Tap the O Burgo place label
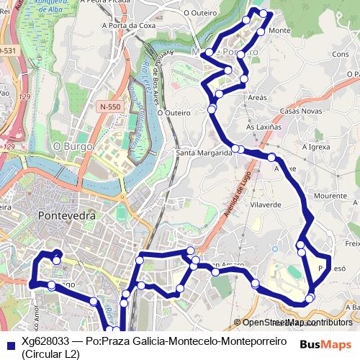coord(72,145)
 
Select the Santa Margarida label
coord(204,153)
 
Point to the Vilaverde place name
coord(264,204)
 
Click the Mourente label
coord(330,196)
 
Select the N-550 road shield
coord(110,106)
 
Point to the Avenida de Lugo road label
coord(243,188)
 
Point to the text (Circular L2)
coord(50,354)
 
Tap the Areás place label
coord(257,97)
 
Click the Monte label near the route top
coord(279,31)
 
